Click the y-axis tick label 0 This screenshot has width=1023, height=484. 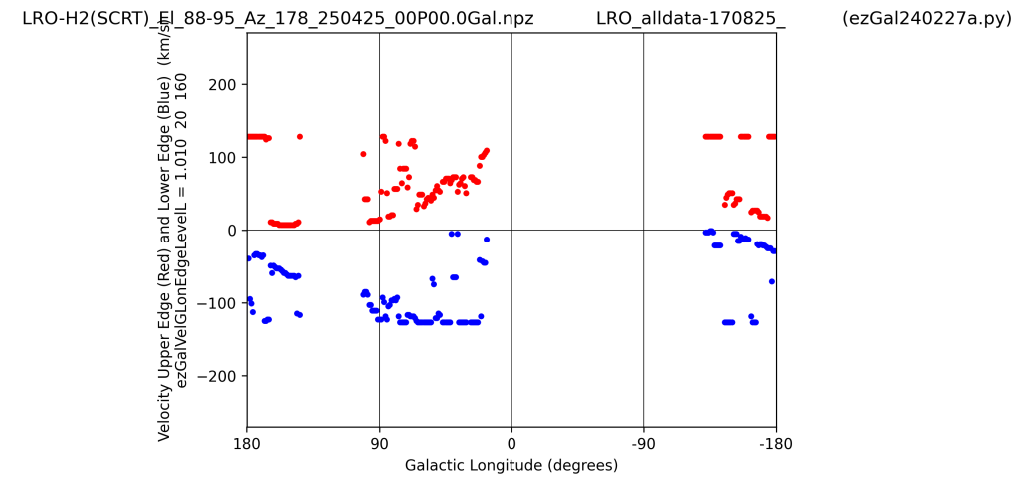[231, 231]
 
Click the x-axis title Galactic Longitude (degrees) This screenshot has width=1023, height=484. [511, 465]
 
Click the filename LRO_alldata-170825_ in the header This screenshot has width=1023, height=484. [690, 19]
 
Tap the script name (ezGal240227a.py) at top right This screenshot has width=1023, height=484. [926, 19]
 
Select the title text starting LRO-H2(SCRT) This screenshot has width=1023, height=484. [278, 19]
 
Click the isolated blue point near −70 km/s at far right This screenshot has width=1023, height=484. [772, 281]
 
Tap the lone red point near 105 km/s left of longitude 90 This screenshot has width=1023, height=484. [363, 154]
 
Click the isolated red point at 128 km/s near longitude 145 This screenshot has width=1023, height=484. [299, 137]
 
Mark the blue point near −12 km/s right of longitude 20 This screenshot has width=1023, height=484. [487, 240]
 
